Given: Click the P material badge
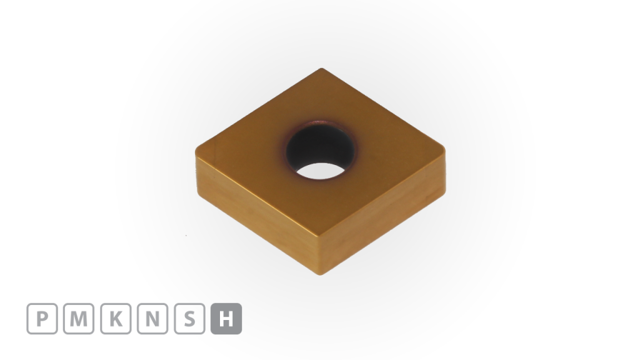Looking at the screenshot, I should pyautogui.click(x=42, y=319).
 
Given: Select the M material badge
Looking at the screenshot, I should pyautogui.click(x=79, y=319).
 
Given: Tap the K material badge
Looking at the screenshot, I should pyautogui.click(x=116, y=319).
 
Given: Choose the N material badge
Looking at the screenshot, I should pyautogui.click(x=152, y=319).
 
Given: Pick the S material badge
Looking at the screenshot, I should pyautogui.click(x=189, y=319).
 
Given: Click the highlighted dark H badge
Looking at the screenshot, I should pyautogui.click(x=226, y=319).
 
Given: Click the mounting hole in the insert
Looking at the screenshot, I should pyautogui.click(x=320, y=150).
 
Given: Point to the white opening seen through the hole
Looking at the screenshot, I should pyautogui.click(x=321, y=169).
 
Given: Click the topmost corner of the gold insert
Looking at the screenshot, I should pyautogui.click(x=321, y=69).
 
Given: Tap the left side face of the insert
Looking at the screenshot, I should pyautogui.click(x=256, y=212).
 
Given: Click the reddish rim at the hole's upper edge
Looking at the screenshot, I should pyautogui.click(x=319, y=119).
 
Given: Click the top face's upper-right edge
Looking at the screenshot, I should pyautogui.click(x=382, y=107).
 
